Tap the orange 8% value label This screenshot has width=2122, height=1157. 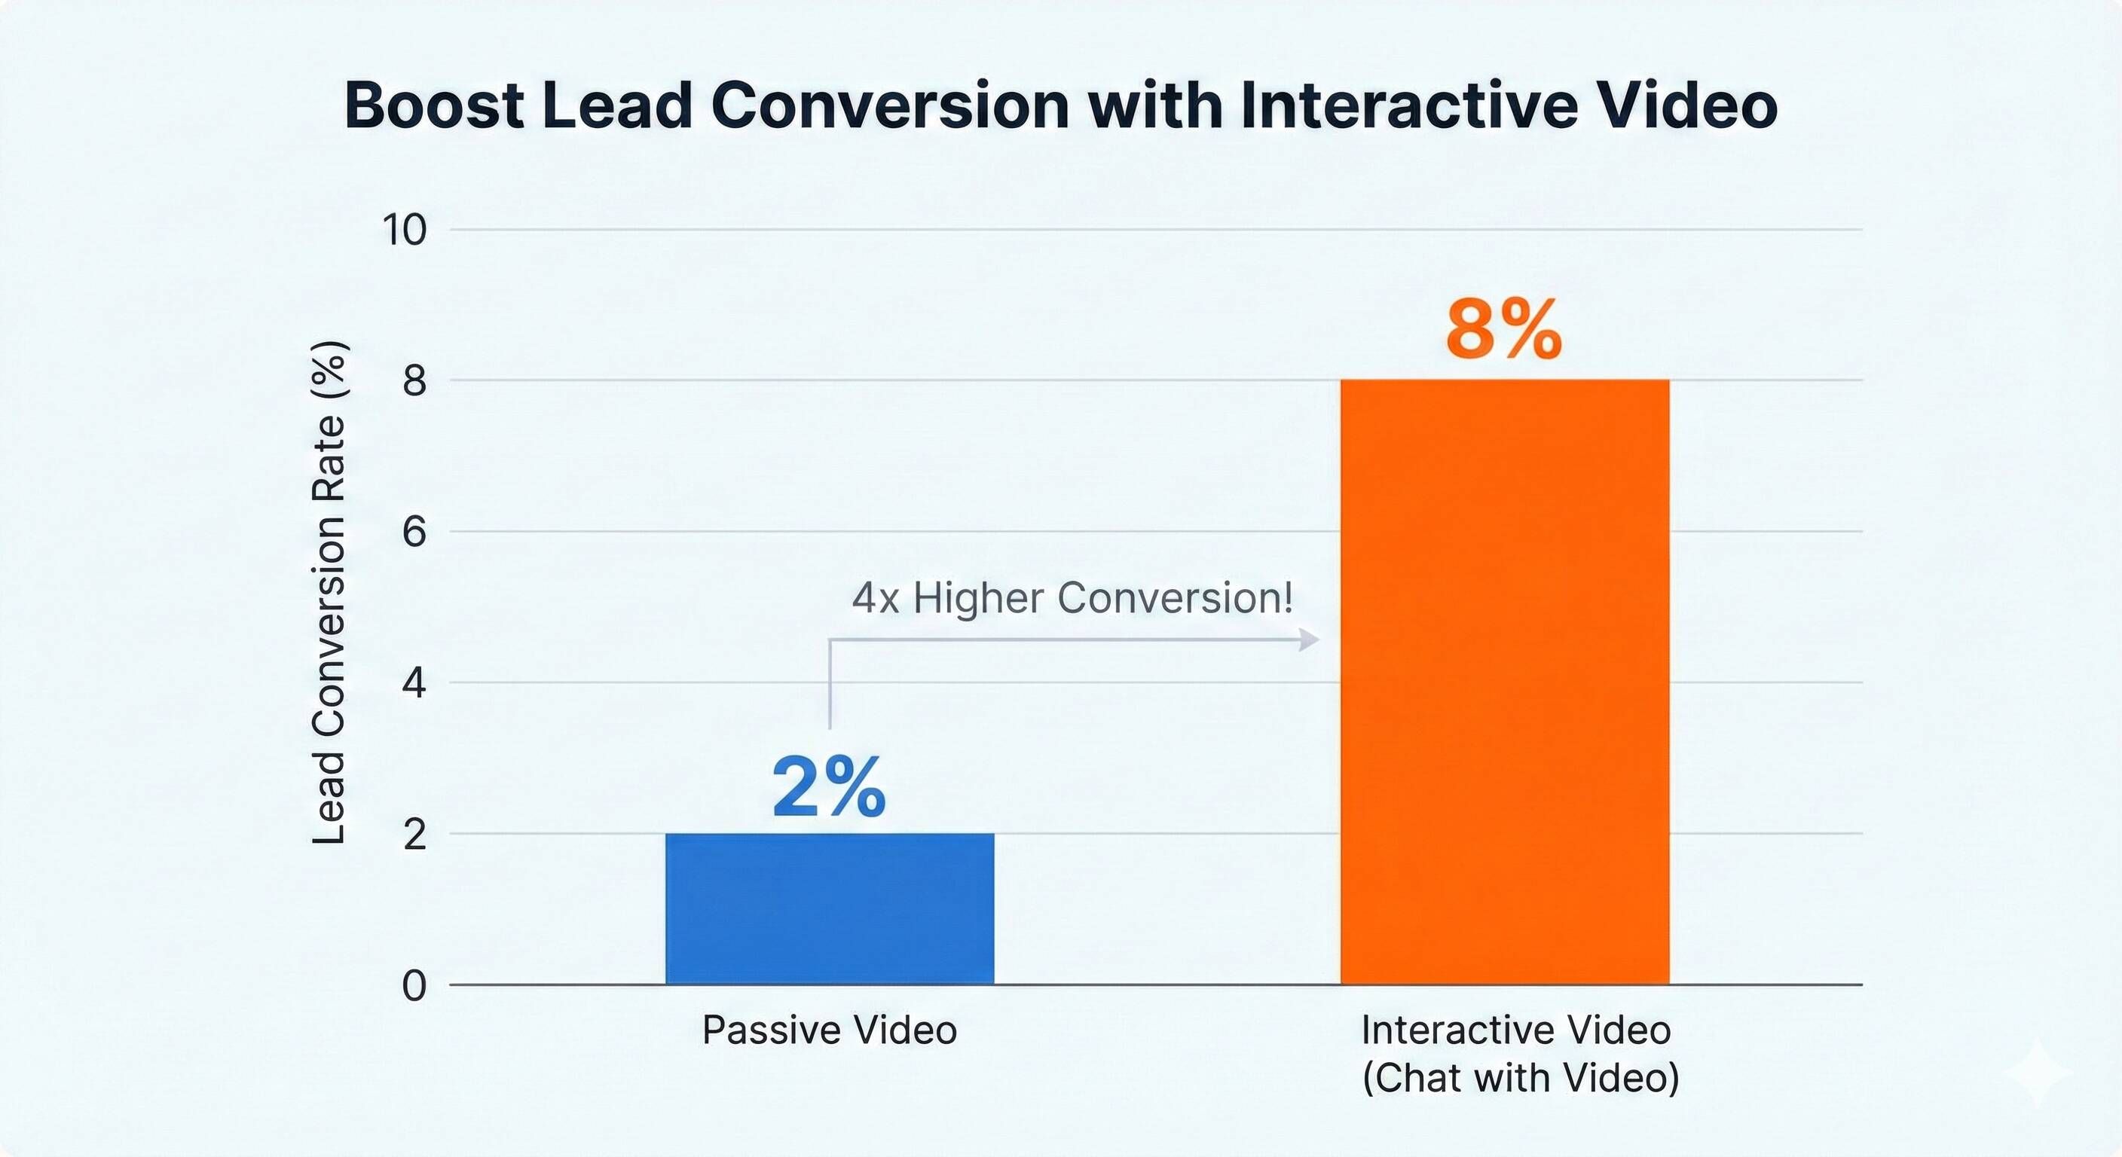click(x=1503, y=330)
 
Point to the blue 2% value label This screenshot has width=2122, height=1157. click(x=829, y=788)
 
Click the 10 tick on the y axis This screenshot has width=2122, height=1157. click(x=405, y=230)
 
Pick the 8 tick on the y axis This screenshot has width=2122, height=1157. click(x=414, y=380)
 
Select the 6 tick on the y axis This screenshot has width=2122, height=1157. click(x=414, y=532)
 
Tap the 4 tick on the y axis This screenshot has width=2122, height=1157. click(x=414, y=682)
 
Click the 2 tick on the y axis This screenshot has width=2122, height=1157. click(x=414, y=834)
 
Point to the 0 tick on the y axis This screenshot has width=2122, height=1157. click(x=414, y=985)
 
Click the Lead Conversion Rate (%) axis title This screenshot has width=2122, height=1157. click(x=329, y=593)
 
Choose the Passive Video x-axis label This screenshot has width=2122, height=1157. click(x=830, y=1030)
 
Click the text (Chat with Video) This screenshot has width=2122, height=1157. click(x=1520, y=1078)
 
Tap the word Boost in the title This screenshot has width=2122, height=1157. click(x=433, y=105)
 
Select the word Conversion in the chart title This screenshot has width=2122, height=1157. click(x=890, y=105)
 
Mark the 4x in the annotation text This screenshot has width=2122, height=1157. click(x=876, y=598)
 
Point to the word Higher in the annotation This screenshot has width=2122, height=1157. click(x=979, y=598)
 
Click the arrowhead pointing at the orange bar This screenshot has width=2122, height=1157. click(x=1308, y=639)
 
